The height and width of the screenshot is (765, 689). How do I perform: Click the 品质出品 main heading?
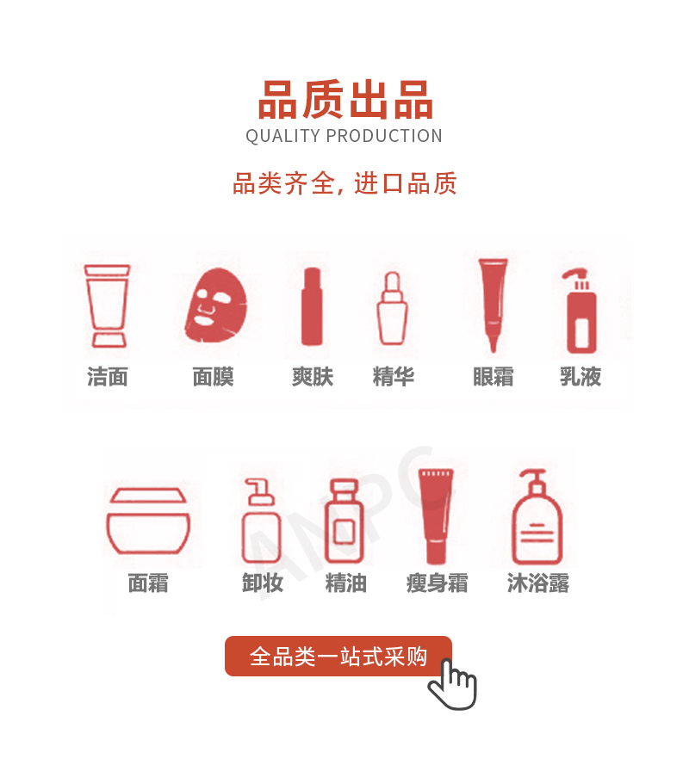click(345, 100)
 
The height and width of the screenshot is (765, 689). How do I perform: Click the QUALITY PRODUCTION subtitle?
click(344, 136)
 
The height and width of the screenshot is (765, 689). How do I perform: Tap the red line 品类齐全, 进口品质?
click(344, 183)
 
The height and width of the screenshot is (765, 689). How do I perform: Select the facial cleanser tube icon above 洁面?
click(107, 305)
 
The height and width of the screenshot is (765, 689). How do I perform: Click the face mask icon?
click(216, 305)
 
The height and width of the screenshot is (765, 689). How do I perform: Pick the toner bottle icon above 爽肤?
click(312, 306)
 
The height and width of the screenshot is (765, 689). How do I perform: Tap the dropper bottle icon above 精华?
click(392, 308)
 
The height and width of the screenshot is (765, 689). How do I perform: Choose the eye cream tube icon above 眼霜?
click(493, 305)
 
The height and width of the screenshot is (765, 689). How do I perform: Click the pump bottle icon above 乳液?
click(580, 311)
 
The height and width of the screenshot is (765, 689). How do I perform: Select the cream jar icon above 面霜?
click(148, 521)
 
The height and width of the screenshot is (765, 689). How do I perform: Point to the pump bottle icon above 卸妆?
click(261, 521)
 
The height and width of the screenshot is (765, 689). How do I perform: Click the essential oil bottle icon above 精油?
click(344, 521)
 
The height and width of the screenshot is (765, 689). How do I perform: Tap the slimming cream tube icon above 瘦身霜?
click(436, 516)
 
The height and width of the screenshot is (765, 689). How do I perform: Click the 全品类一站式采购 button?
click(338, 656)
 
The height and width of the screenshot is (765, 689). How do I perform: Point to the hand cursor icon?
click(452, 683)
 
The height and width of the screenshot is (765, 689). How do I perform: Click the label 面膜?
click(213, 377)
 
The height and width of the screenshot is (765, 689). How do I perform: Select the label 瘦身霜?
click(437, 583)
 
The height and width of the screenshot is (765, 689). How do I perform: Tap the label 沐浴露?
click(538, 583)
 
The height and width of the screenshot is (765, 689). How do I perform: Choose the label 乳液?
click(580, 377)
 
